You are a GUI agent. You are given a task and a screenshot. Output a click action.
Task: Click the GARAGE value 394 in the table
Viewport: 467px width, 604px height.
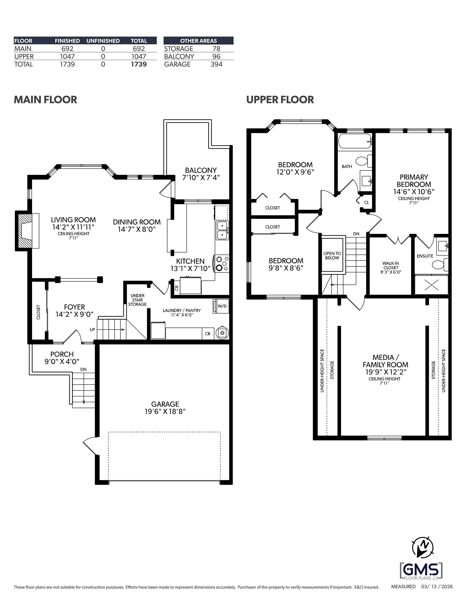(216, 64)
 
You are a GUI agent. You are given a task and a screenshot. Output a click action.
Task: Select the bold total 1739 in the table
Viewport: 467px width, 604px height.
(139, 64)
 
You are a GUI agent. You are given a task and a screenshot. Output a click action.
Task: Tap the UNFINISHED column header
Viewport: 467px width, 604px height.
(103, 41)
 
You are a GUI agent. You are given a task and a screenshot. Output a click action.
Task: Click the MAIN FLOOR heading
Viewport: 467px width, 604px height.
(45, 100)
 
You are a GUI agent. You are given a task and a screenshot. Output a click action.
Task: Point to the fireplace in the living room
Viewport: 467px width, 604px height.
(27, 231)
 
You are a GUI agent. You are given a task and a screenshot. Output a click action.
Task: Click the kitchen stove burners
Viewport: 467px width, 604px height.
(222, 263)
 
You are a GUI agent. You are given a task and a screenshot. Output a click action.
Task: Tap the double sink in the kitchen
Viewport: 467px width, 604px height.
(222, 230)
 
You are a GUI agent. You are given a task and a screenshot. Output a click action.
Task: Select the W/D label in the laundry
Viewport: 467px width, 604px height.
(222, 306)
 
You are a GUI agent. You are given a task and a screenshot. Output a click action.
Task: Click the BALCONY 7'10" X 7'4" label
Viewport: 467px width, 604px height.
(201, 174)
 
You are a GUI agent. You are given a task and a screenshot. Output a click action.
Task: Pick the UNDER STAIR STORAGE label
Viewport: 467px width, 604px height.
(137, 300)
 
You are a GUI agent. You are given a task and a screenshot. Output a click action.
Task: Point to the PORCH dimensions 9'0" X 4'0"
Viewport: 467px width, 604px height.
(62, 362)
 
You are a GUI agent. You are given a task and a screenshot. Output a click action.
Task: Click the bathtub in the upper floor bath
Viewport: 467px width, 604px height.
(355, 141)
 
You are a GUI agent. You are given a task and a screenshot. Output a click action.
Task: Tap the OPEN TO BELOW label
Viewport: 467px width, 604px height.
(332, 256)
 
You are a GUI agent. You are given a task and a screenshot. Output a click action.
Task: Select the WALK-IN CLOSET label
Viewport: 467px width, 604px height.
(391, 266)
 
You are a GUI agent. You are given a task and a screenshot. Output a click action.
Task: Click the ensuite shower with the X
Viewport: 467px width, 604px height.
(431, 285)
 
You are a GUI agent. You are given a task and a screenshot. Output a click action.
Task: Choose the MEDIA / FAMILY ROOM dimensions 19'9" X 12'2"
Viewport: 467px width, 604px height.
(386, 372)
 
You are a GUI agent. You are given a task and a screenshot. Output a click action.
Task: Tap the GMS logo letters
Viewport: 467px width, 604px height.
(421, 570)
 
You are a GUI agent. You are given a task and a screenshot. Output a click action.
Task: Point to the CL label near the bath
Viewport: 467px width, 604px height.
(367, 202)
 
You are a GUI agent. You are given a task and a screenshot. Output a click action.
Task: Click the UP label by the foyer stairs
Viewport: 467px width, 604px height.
(92, 330)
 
